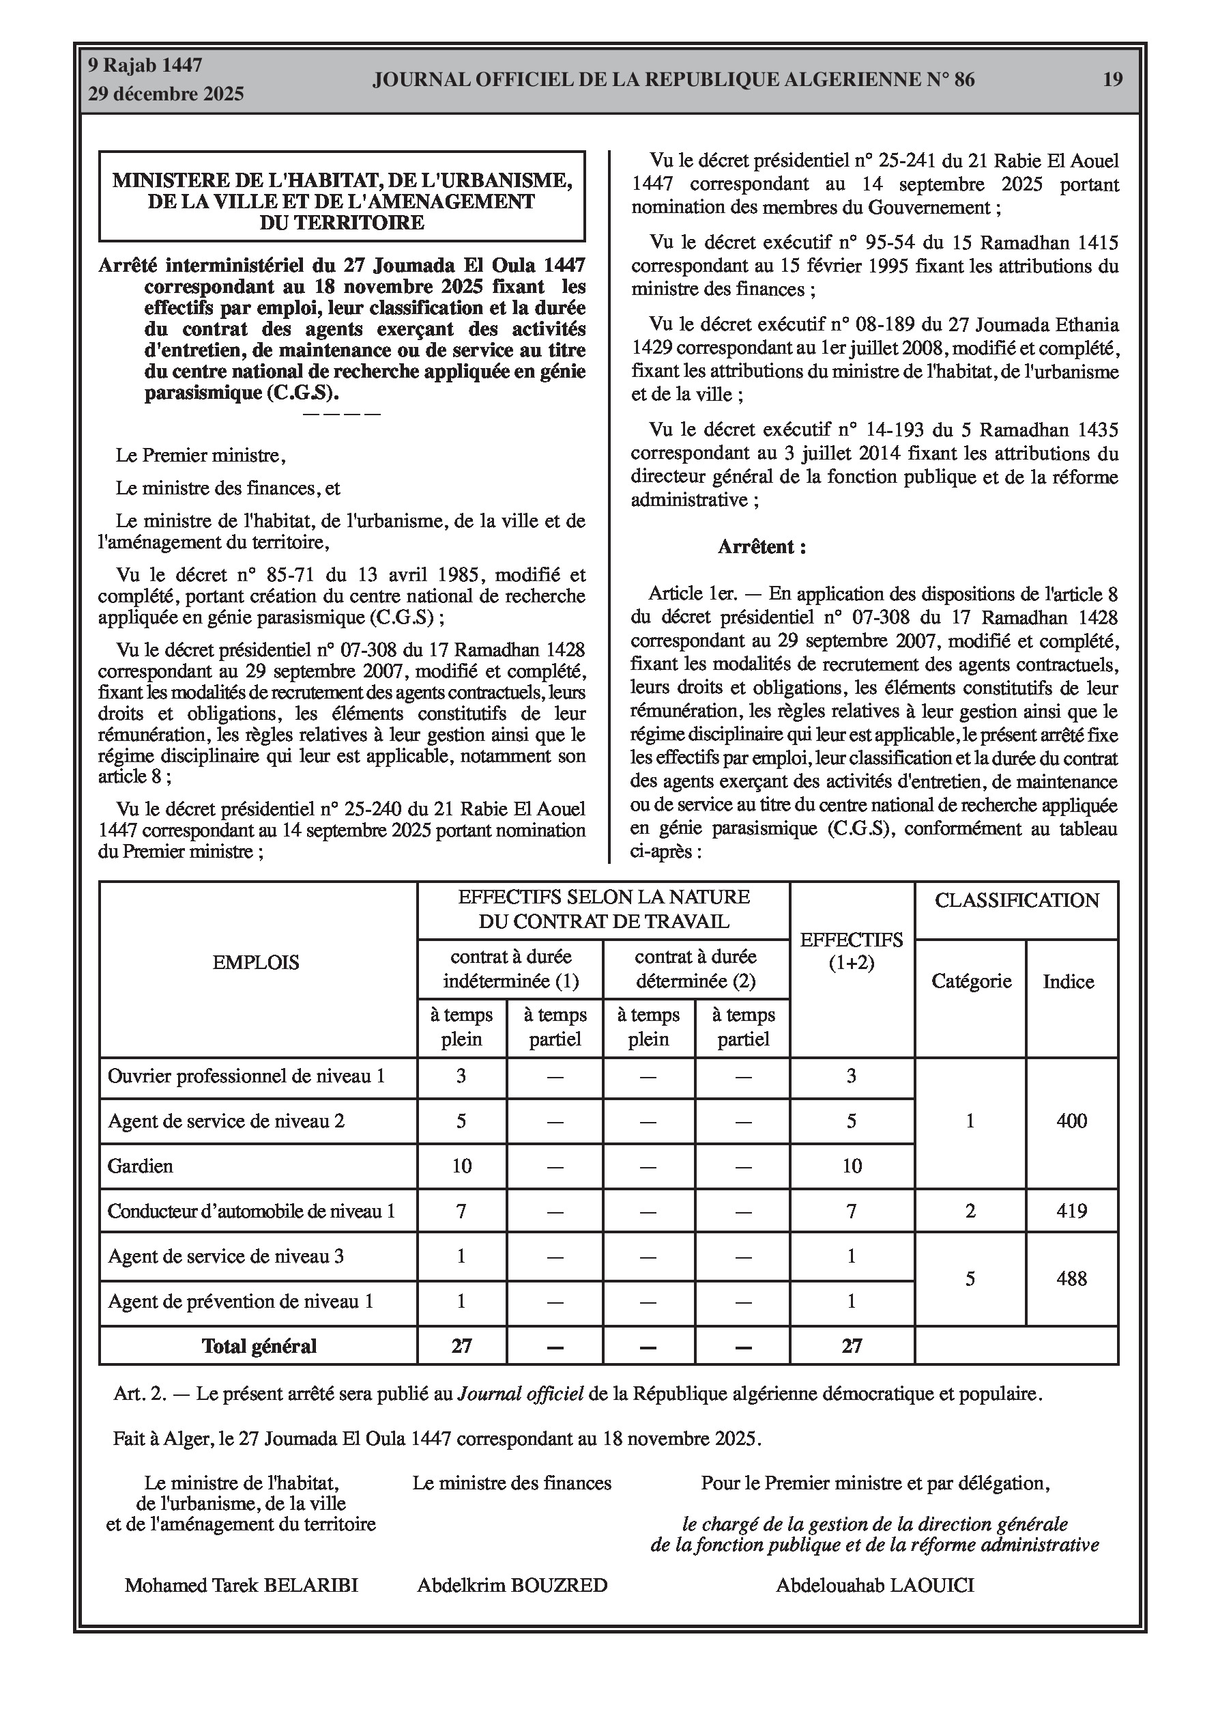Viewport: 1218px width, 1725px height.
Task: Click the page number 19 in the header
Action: pos(1112,80)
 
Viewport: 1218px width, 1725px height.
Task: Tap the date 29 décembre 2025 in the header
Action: pos(166,94)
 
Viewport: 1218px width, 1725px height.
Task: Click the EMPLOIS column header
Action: pos(255,962)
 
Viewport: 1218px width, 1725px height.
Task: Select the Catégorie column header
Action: pos(971,981)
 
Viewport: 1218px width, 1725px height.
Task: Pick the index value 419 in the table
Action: pos(1071,1211)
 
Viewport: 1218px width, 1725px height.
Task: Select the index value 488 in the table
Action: pos(1071,1278)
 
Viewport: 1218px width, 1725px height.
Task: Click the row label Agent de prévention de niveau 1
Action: pos(240,1302)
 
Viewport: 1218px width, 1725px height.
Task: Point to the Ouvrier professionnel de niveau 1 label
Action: pos(246,1077)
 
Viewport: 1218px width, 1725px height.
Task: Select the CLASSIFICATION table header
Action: pos(1016,901)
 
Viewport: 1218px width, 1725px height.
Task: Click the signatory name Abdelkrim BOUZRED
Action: pos(512,1585)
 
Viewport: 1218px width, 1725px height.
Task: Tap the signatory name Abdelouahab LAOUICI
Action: pos(875,1585)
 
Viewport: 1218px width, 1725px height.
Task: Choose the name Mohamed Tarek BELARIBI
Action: pos(241,1585)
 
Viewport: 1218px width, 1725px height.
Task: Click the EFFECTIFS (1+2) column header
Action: pos(852,951)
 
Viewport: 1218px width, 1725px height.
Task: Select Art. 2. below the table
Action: pos(140,1394)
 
